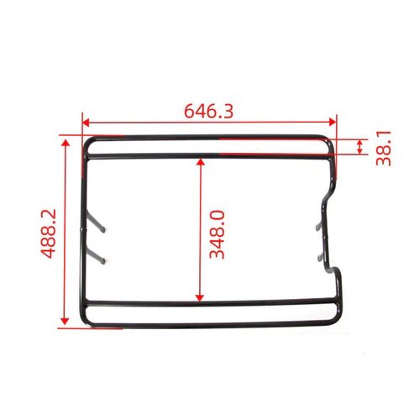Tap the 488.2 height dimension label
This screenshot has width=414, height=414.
click(49, 233)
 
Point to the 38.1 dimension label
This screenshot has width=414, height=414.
click(384, 147)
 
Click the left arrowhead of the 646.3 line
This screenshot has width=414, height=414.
click(85, 121)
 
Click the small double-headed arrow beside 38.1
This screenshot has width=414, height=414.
click(360, 148)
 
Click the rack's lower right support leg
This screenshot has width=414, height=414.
click(321, 257)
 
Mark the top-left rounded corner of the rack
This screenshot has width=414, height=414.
click(89, 142)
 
